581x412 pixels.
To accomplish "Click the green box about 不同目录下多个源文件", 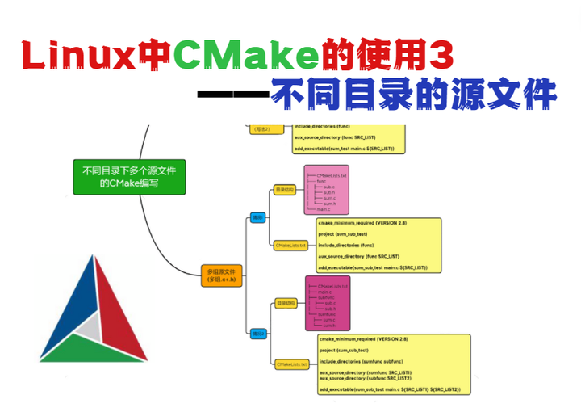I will point(129,177).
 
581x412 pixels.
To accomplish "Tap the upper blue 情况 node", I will point(257,217).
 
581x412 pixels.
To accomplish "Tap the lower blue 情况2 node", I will point(257,332).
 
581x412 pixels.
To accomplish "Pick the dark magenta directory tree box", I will point(327,303).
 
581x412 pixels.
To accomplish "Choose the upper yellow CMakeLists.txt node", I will point(290,244).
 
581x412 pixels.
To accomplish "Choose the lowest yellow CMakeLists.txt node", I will point(290,364).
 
